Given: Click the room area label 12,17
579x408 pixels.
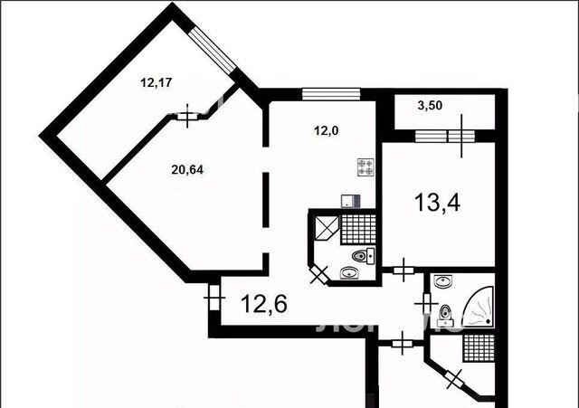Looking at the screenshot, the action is click(157, 82).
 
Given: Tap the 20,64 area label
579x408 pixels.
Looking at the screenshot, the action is click(187, 169).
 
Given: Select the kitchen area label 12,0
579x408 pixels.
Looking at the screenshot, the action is click(326, 130).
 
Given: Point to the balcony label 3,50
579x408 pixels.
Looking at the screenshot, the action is click(430, 106).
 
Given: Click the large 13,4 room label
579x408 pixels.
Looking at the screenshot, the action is click(437, 203).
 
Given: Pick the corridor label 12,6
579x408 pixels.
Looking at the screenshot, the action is click(264, 304).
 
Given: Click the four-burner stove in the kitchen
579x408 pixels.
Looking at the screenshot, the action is click(365, 166).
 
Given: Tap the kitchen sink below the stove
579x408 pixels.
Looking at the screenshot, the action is click(350, 201).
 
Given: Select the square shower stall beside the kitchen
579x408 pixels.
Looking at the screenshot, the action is click(327, 228).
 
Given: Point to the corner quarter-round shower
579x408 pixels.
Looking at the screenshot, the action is click(479, 307).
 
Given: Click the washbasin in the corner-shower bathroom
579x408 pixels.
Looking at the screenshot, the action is click(442, 282).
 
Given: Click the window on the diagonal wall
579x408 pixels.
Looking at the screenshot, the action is click(212, 51).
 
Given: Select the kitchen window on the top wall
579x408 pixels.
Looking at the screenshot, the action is click(331, 94).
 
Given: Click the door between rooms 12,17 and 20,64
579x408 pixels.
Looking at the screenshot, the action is click(187, 117).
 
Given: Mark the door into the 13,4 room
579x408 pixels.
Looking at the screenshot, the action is click(403, 270).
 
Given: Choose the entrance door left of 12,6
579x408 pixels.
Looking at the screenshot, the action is click(214, 298).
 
